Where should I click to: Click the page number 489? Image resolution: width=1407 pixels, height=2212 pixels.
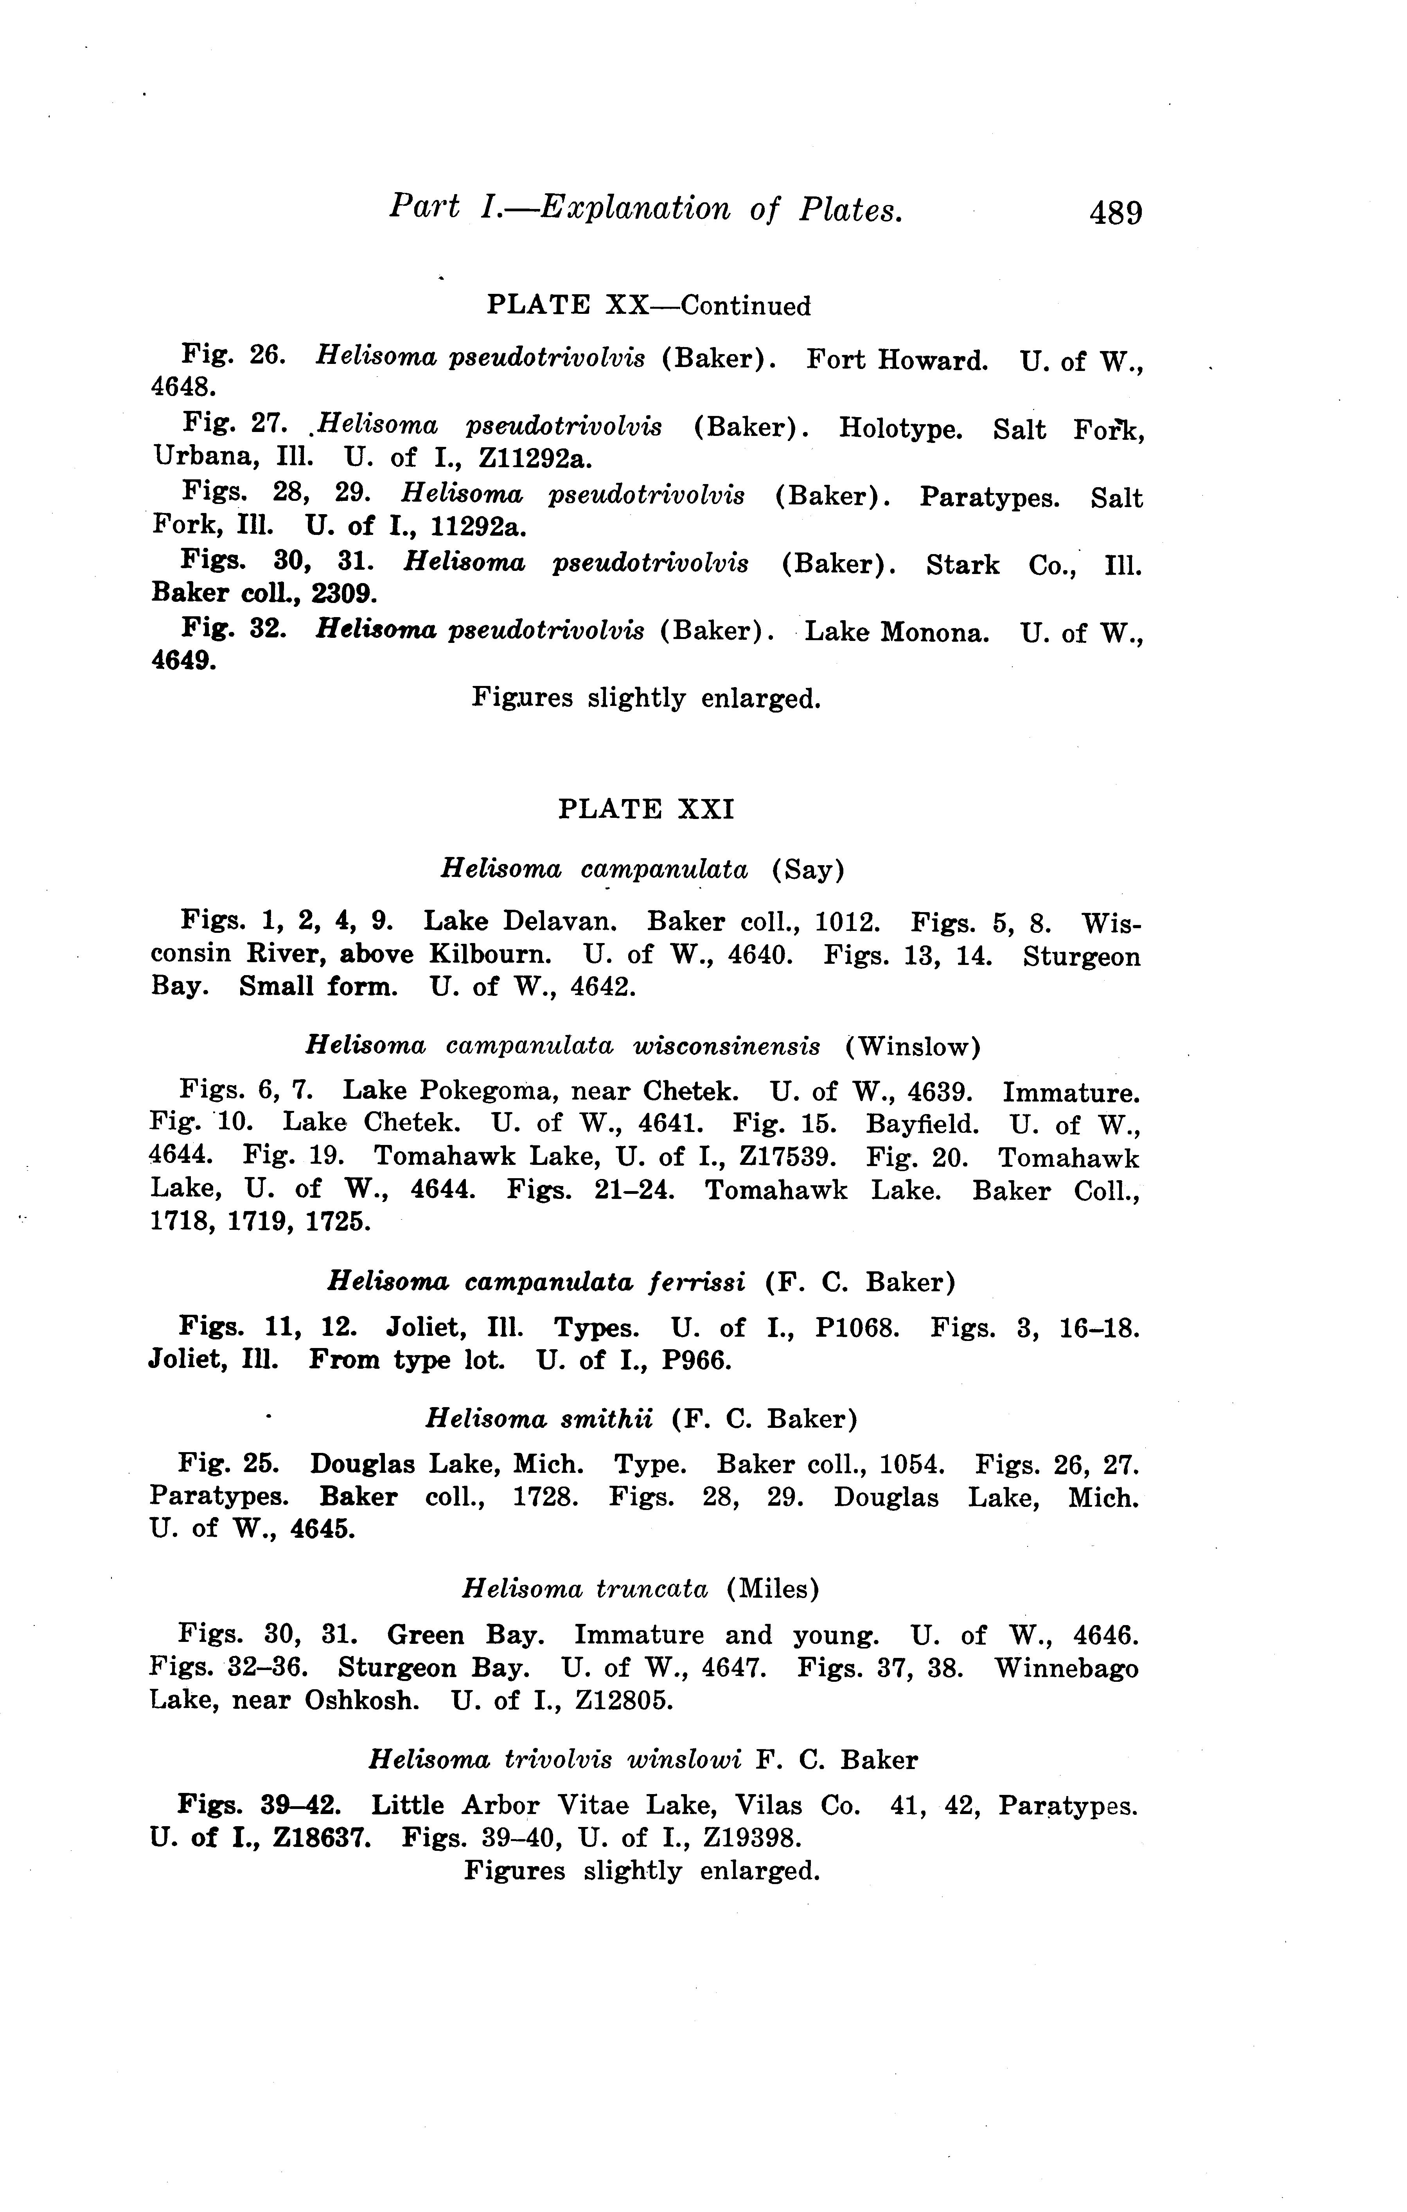pyautogui.click(x=1115, y=213)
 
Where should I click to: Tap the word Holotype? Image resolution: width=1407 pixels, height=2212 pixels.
pyautogui.click(x=900, y=429)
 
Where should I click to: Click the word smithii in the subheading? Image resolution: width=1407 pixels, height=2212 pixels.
pyautogui.click(x=606, y=1419)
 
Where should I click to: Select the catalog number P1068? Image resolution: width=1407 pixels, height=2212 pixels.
pyautogui.click(x=856, y=1328)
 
